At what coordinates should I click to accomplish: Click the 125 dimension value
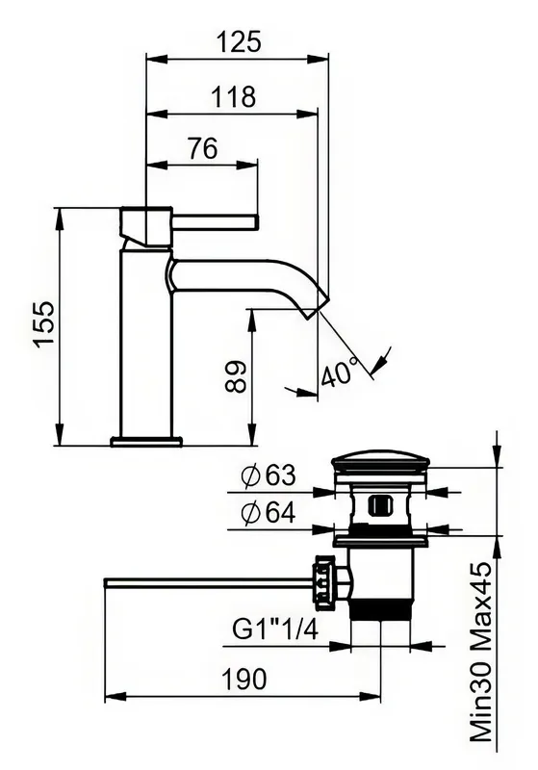pos(238,41)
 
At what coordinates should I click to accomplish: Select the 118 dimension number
pos(233,97)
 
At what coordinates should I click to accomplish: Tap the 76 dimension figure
pos(202,148)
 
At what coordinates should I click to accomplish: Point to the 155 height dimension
pos(44,324)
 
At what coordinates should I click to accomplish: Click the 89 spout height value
pos(235,376)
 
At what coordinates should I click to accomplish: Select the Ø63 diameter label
pos(269,475)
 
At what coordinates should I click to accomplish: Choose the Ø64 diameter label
pos(269,513)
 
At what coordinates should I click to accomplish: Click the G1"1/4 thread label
pos(275,629)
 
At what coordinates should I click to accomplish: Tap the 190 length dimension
pos(244,680)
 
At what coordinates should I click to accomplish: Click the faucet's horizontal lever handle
pos(215,222)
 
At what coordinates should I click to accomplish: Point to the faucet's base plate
pos(146,441)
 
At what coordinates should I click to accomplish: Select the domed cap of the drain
pos(381,461)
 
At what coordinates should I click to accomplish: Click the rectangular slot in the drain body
pos(380,505)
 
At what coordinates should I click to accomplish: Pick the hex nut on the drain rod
pos(324,582)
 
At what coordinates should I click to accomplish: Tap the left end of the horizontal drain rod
pos(106,583)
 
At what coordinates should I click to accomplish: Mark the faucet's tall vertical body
pos(146,343)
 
